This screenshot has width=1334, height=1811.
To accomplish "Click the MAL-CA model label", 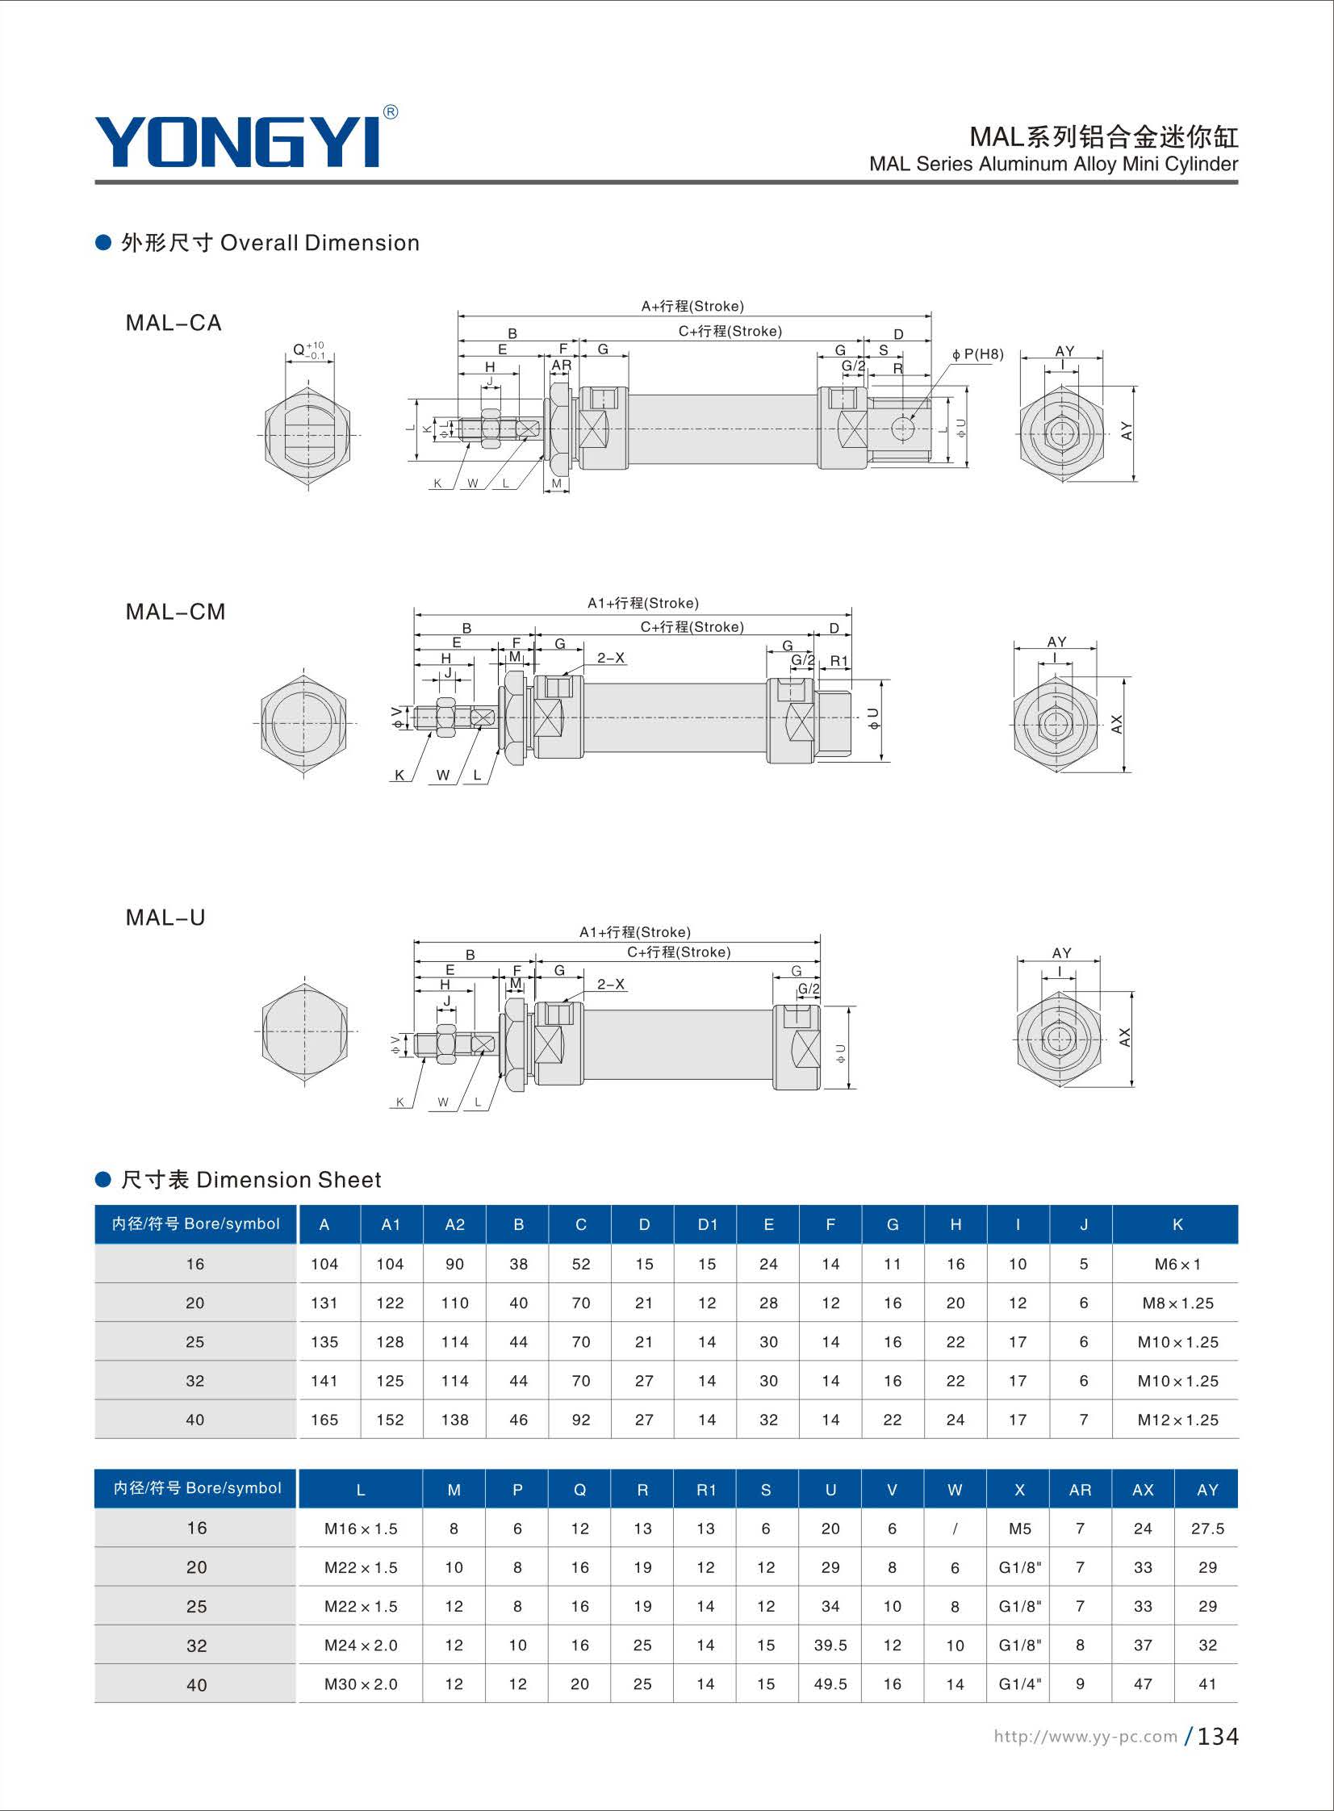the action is coord(174,323).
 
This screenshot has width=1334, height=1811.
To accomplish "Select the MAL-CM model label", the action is coord(175,612).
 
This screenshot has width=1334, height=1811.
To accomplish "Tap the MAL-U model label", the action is coord(165,918).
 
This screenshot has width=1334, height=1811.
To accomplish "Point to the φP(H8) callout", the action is coord(978,353).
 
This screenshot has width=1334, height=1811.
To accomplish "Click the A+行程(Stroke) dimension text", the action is coord(693,306).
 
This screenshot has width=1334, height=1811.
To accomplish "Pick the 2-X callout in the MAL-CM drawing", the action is coord(611,658).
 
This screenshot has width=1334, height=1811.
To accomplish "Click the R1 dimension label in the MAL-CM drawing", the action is coord(839,661).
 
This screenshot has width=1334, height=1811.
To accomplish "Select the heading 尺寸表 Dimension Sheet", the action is coord(251,1180).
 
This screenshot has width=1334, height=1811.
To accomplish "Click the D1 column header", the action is coord(708,1225).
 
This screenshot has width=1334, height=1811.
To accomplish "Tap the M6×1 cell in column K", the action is coord(1177,1265).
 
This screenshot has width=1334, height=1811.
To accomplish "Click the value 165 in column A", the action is coord(324,1420).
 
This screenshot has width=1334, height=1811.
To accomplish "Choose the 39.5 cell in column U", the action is coord(830,1645).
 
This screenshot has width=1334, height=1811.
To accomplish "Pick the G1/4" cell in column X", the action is coord(1020,1683).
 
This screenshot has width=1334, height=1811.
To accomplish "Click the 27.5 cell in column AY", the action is coord(1207,1529).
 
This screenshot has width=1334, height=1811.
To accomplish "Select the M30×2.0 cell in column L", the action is coord(361,1684).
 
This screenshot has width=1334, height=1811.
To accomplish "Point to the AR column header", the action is coord(1081,1490).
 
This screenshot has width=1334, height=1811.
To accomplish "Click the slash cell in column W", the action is coord(956,1529).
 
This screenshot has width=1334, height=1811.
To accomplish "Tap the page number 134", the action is coord(1218,1736).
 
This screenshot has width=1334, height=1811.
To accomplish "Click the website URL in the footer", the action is coord(1085,1736).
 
